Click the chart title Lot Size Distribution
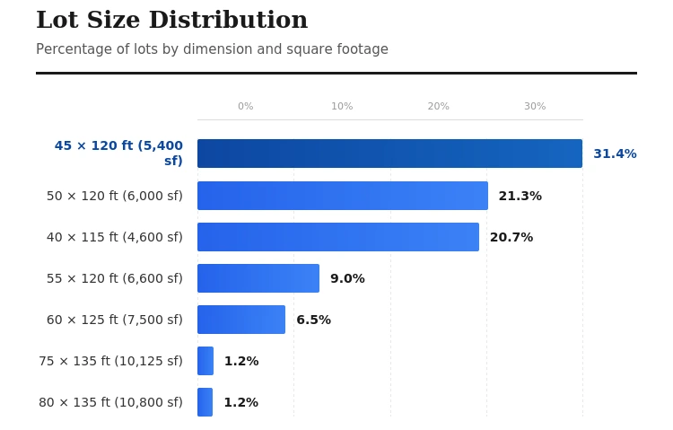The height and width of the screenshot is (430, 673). pos(171,21)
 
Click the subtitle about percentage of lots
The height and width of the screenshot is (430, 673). pos(212,49)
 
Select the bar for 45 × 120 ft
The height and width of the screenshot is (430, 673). pos(389,154)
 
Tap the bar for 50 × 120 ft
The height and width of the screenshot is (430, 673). pos(342,196)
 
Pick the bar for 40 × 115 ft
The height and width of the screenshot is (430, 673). pos(337,237)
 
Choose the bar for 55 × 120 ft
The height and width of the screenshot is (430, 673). pos(258,278)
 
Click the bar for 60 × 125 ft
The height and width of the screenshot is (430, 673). pos(240,320)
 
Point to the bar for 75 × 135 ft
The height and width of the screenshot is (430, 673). pos(205,361)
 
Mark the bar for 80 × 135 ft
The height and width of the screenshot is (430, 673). pos(205,402)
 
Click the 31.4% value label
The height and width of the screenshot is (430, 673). pos(615,154)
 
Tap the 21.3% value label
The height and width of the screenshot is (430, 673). pos(520,196)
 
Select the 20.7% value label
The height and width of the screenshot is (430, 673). pos(511,237)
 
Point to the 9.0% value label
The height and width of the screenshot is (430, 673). pos(347,278)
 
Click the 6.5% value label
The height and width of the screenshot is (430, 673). pos(313,320)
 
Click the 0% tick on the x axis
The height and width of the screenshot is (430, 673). pos(245,107)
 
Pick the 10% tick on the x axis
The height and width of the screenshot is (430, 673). pos(342,107)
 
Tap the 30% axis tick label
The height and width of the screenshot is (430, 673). pos(534,107)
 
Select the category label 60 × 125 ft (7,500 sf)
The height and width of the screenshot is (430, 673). pos(114,320)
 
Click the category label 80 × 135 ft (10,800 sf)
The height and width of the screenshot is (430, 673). pos(110,402)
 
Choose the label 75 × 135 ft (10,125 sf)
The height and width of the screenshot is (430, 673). pos(110,361)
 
